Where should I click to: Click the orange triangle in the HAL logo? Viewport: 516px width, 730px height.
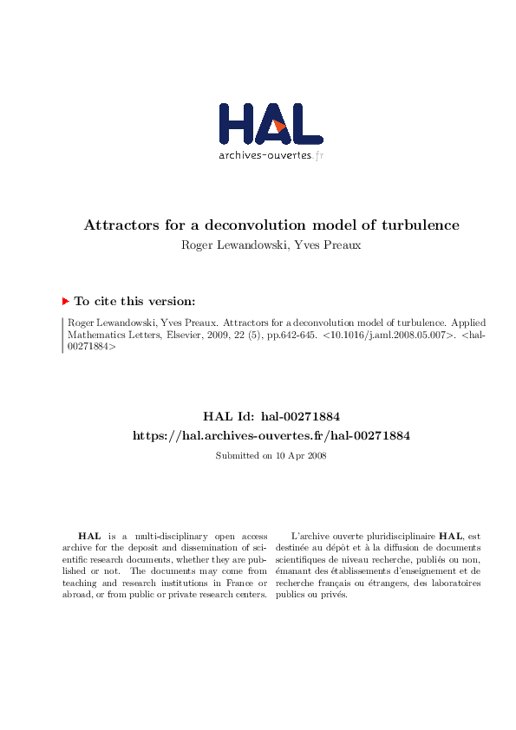pyautogui.click(x=278, y=128)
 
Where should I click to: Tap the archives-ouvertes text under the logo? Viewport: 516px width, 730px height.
pyautogui.click(x=265, y=156)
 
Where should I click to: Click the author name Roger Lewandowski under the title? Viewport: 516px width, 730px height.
pyautogui.click(x=229, y=244)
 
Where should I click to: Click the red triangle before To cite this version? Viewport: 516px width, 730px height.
pyautogui.click(x=66, y=301)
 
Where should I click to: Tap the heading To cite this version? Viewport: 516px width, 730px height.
pyautogui.click(x=134, y=301)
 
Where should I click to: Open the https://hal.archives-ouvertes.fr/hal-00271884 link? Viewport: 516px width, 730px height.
pyautogui.click(x=271, y=435)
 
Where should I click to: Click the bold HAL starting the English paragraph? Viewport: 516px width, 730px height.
pyautogui.click(x=88, y=538)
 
